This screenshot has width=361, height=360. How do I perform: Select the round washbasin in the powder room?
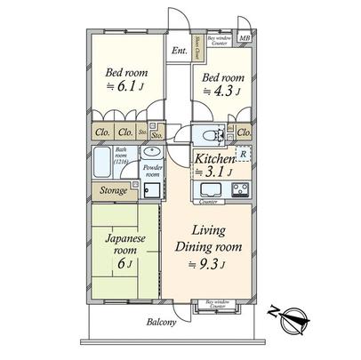150,150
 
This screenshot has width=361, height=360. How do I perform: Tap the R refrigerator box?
243,153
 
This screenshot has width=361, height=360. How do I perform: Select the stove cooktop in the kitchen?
240,188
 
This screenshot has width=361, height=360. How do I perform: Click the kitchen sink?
211,188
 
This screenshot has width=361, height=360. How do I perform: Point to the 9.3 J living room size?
215,263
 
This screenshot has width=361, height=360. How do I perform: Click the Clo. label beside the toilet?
244,133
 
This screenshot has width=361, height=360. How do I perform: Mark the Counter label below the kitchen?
210,202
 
